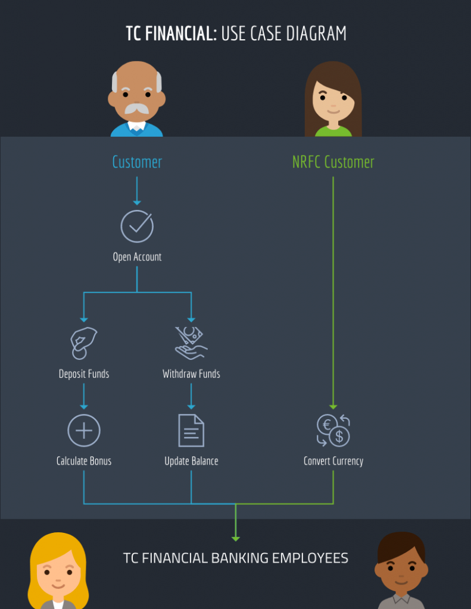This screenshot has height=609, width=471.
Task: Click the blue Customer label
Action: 137,162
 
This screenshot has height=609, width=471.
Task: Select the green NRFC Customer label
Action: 333,162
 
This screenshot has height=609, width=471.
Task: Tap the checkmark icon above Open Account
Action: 137,226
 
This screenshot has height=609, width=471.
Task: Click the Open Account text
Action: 137,257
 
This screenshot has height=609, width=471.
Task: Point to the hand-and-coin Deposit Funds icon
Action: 83,343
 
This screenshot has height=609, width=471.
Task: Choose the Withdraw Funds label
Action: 191,374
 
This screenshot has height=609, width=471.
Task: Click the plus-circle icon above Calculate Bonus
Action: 84,430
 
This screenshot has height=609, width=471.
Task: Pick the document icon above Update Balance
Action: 191,430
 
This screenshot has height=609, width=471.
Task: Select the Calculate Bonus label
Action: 84,461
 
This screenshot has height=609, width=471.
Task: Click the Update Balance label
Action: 191,461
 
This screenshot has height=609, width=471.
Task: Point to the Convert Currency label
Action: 333,461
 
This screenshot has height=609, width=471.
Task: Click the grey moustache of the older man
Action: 137,109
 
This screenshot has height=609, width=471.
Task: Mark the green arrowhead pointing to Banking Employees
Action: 236,538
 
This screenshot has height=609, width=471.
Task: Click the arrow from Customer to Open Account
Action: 137,190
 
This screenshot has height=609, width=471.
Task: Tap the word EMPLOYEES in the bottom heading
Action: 310,558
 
